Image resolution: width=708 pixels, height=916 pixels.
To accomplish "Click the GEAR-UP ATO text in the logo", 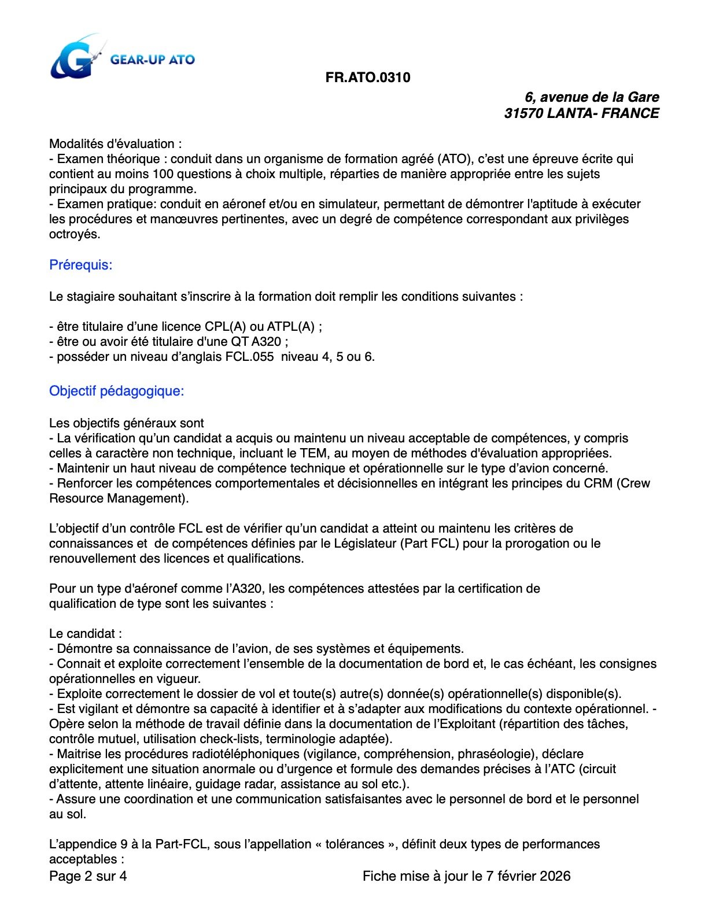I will pos(153,59).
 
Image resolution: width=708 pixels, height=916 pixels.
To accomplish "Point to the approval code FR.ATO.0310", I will pos(368,77).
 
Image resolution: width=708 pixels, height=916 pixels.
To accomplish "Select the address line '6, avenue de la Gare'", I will pos(592,97).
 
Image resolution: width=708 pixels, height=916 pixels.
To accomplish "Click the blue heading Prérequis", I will pos(80,265).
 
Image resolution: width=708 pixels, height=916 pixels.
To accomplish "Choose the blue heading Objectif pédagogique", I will pos(116,391).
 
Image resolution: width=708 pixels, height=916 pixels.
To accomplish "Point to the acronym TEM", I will pos(314,453).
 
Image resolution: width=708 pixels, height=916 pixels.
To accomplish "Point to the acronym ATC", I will pos(589,769).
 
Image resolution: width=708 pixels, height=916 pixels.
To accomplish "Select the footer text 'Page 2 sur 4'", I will pos(88,876).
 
